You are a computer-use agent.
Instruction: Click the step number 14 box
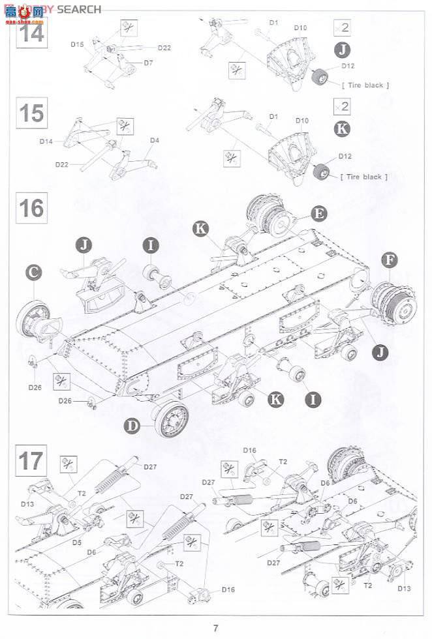[x=31, y=31]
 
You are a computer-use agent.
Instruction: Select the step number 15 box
[x=31, y=113]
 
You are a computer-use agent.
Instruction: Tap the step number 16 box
[x=31, y=209]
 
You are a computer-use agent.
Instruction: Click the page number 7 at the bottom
[x=215, y=629]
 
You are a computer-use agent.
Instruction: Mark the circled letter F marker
[x=390, y=260]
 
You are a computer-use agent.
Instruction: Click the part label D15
[x=77, y=45]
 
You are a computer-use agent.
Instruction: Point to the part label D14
[x=46, y=141]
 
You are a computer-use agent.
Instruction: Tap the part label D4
[x=155, y=140]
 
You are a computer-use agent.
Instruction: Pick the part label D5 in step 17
[x=77, y=542]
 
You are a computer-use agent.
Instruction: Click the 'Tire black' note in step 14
[x=365, y=85]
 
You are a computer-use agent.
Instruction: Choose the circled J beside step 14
[x=342, y=50]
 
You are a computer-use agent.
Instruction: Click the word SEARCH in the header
[x=78, y=9]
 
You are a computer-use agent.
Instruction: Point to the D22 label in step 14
[x=164, y=48]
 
